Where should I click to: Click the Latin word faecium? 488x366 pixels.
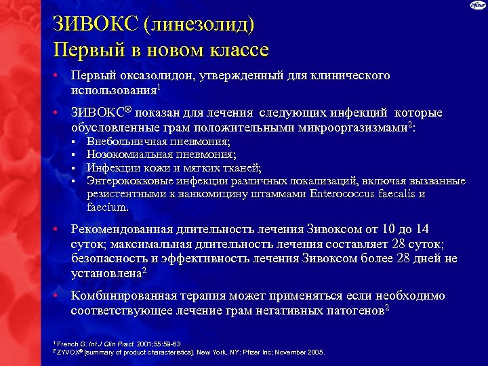coord(106,207)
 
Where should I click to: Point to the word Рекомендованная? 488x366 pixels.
coord(125,229)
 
